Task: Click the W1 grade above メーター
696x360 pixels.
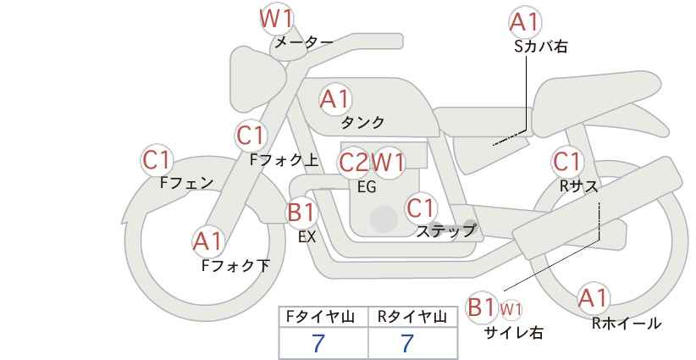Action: [x=276, y=19]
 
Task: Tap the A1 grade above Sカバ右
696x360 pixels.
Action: [x=525, y=22]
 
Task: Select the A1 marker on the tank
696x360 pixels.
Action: [x=335, y=99]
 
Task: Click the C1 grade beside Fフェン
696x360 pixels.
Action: [x=157, y=160]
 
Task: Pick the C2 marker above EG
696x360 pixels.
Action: [x=354, y=163]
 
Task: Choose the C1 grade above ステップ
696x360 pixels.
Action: [x=421, y=208]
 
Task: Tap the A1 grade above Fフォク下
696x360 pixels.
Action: [x=207, y=241]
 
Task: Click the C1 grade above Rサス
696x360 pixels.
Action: [x=566, y=162]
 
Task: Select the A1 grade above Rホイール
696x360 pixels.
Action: [x=593, y=298]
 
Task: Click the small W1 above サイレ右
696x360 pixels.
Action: [x=511, y=309]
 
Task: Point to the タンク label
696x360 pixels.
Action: [x=362, y=123]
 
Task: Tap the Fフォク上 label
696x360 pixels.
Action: [x=284, y=160]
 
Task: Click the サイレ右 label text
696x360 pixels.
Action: [x=514, y=333]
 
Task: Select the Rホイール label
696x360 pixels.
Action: [x=627, y=324]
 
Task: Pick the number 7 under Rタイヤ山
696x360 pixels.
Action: [x=407, y=343]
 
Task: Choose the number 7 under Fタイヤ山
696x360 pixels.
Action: [x=318, y=343]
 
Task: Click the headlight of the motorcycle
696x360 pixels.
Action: [x=257, y=80]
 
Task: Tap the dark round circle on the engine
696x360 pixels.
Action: [x=384, y=219]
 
